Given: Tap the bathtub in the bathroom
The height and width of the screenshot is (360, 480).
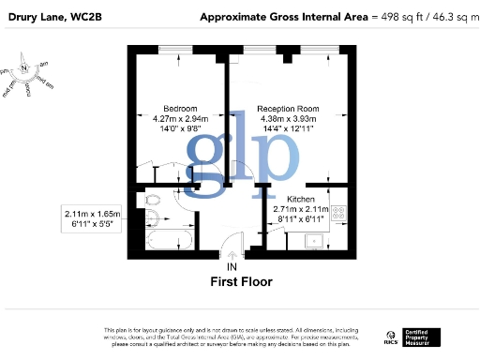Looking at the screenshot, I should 169,244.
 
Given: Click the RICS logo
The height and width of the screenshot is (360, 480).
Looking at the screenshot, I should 389,337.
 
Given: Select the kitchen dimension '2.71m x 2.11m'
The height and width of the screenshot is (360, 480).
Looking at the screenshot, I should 299,210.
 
